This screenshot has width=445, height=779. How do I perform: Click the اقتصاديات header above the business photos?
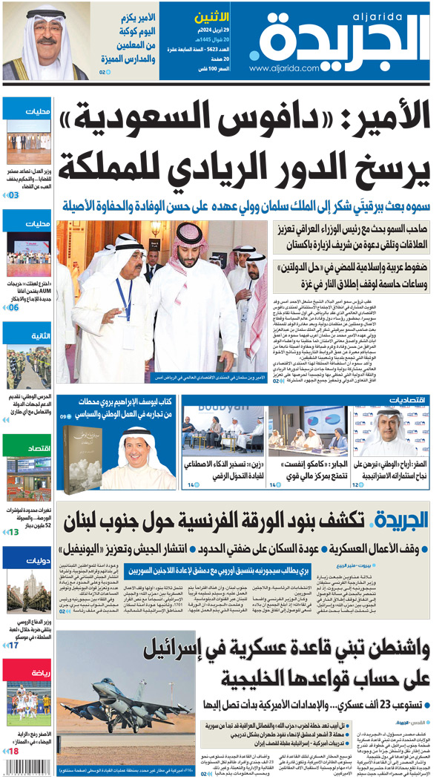coord(407,401)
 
